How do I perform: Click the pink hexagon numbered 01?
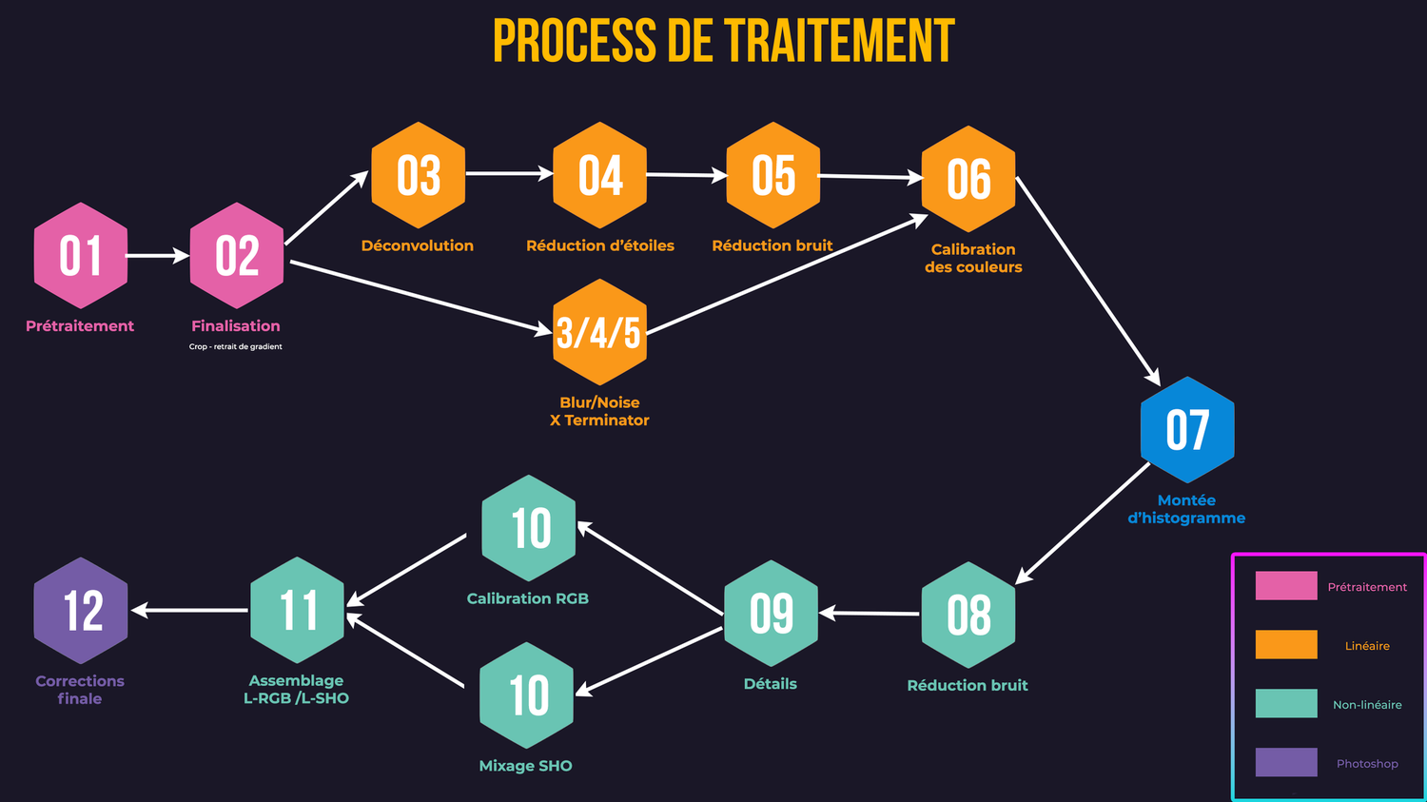81,256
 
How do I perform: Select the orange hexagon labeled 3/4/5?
599,332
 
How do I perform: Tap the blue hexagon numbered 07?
1187,430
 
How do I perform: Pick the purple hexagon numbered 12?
81,611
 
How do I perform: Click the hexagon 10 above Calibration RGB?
529,528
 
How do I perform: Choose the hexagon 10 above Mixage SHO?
527,695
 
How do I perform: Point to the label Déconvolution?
417,245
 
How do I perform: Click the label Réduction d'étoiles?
599,245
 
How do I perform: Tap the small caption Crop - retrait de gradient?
235,346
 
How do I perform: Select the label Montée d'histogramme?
1186,509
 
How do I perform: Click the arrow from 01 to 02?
157,256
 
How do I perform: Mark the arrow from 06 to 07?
1087,280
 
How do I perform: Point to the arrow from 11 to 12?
190,610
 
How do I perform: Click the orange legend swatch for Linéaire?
1286,645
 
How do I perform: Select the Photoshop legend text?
1367,764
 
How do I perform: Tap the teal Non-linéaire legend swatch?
1286,704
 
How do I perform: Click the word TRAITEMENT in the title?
839,42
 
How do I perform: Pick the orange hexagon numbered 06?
968,179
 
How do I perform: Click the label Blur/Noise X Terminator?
599,411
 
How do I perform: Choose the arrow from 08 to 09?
870,614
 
